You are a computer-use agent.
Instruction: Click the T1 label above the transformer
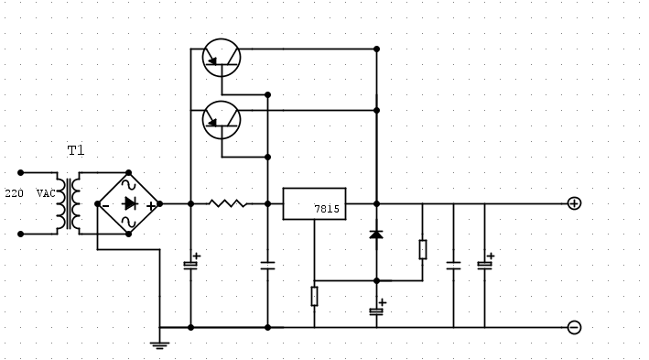click(75, 150)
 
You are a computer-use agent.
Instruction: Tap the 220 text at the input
click(15, 194)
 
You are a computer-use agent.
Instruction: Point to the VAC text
click(45, 194)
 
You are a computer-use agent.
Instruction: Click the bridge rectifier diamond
click(129, 203)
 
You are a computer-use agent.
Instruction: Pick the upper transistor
click(221, 58)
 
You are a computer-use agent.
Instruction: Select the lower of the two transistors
click(221, 119)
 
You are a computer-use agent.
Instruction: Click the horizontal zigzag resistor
click(228, 203)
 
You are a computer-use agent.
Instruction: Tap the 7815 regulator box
click(313, 203)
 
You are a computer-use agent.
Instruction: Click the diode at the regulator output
click(376, 235)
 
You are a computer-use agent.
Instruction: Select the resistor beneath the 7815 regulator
click(314, 296)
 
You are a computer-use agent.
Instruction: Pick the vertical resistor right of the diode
click(422, 249)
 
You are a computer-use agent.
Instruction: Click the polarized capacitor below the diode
click(376, 311)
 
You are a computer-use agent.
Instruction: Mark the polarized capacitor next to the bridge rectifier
click(190, 265)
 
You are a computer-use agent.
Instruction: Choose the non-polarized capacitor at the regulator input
click(267, 266)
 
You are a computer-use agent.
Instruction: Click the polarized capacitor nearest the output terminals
click(484, 266)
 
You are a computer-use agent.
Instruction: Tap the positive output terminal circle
click(574, 203)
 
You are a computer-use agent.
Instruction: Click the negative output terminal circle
click(574, 327)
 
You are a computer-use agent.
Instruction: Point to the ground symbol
click(159, 344)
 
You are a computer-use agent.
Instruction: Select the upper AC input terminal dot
click(21, 172)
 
